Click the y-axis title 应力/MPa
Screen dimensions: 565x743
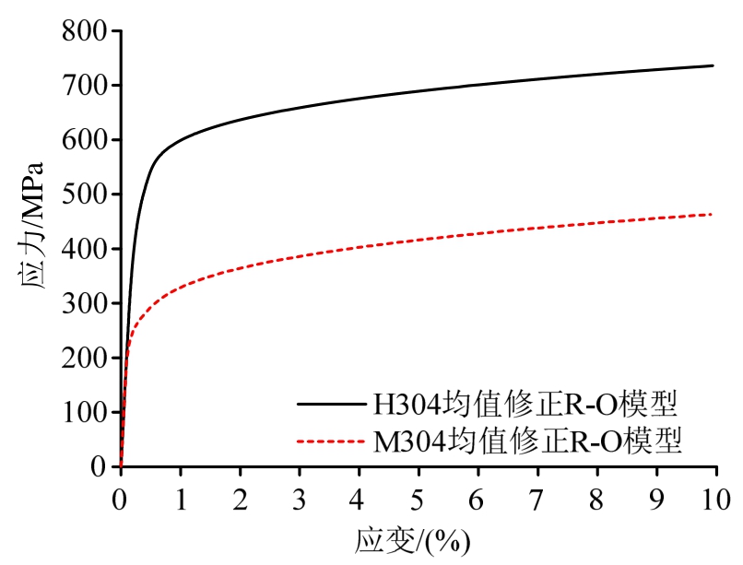(33, 249)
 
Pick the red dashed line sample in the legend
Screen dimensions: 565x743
(329, 443)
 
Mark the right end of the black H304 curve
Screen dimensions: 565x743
(714, 65)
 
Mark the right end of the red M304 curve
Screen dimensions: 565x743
(714, 214)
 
